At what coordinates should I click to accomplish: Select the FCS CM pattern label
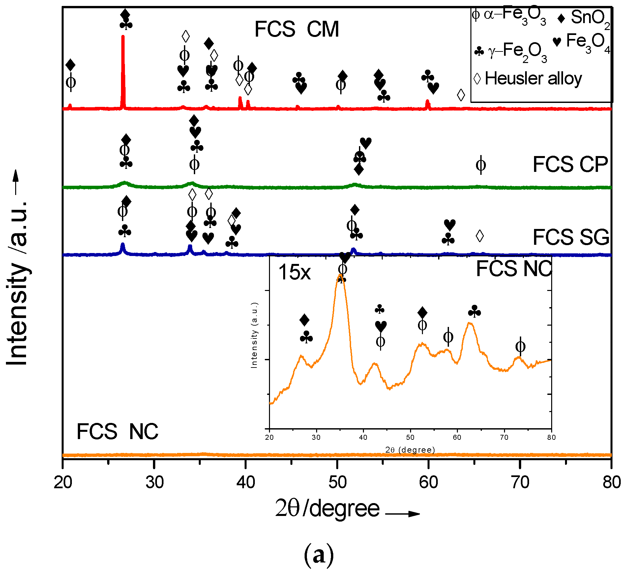point(296,29)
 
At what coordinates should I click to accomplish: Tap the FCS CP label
point(570,164)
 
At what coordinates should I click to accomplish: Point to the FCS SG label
point(571,237)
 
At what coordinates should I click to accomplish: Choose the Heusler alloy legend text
point(533,79)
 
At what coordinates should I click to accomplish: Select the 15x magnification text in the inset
point(294,272)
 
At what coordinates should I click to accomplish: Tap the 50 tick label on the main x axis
point(337,483)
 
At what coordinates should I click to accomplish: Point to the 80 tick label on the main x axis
point(611,483)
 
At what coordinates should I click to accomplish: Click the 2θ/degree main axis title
point(327,509)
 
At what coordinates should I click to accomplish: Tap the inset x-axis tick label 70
point(504,437)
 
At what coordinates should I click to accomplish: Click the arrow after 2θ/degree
point(402,514)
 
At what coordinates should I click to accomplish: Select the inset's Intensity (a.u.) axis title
point(254,335)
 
